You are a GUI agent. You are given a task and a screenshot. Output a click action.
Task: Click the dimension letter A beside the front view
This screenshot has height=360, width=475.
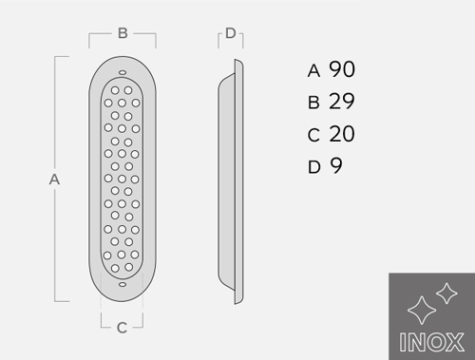click(54, 180)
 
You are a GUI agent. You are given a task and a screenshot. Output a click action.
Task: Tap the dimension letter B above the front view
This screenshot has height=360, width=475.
click(123, 33)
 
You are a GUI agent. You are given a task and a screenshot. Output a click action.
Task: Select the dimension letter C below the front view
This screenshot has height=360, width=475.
click(122, 328)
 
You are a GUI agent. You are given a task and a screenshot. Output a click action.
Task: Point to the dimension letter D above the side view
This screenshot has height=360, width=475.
click(231, 33)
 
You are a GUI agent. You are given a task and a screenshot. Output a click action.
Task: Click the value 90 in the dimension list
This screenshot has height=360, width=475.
click(342, 69)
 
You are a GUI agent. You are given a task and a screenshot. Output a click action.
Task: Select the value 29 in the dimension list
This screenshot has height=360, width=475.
click(342, 102)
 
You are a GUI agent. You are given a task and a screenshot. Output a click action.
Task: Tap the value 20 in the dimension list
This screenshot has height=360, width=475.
click(342, 134)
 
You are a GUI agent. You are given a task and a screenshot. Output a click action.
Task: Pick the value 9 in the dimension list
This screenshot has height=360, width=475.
click(336, 165)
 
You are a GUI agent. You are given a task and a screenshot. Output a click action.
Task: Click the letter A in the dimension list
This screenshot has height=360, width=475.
click(313, 71)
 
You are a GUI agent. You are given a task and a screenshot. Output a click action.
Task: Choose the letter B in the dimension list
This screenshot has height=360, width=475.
click(313, 103)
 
